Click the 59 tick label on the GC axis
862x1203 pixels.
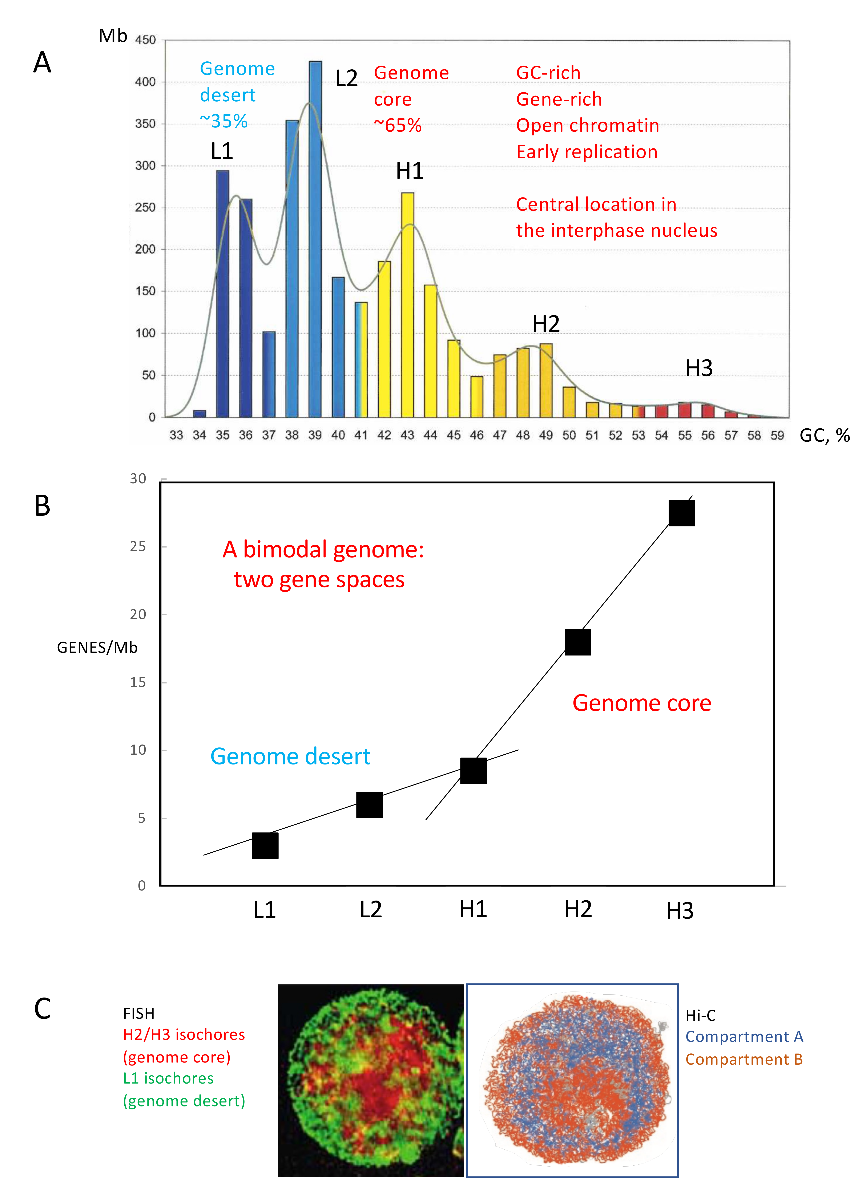pyautogui.click(x=777, y=436)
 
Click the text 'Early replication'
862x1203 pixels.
pyautogui.click(x=587, y=152)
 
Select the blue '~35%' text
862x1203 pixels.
pyautogui.click(x=223, y=122)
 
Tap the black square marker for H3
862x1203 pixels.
pyautogui.click(x=681, y=513)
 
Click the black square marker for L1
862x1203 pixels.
pyautogui.click(x=265, y=845)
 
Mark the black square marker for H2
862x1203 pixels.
pyautogui.click(x=577, y=642)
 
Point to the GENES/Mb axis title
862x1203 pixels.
pyautogui.click(x=97, y=648)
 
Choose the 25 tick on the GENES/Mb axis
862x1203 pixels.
pyautogui.click(x=138, y=546)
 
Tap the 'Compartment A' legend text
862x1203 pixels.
pyautogui.click(x=744, y=1036)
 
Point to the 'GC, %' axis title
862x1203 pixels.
pyautogui.click(x=824, y=436)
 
